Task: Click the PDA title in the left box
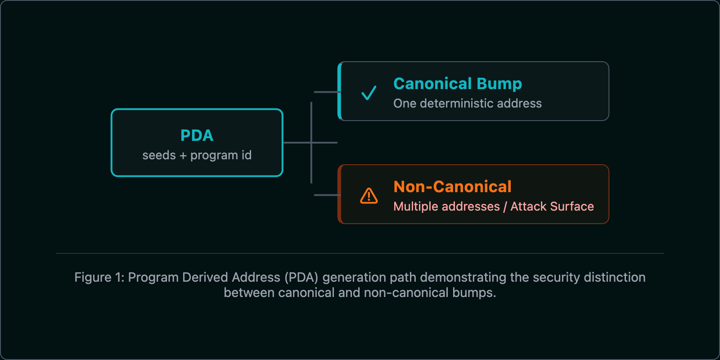click(x=197, y=135)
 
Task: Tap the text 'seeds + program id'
click(x=197, y=155)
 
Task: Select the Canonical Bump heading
click(x=457, y=84)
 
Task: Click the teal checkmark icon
click(x=369, y=93)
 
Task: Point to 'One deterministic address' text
click(x=467, y=103)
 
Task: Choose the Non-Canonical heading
click(x=452, y=187)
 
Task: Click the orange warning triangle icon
click(x=369, y=196)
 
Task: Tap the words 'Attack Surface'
click(x=552, y=207)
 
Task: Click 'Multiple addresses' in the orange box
click(x=446, y=207)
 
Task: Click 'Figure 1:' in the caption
click(x=99, y=277)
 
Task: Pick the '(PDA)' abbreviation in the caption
click(x=301, y=277)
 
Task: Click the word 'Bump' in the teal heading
click(x=499, y=84)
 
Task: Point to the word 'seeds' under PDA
click(x=159, y=155)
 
